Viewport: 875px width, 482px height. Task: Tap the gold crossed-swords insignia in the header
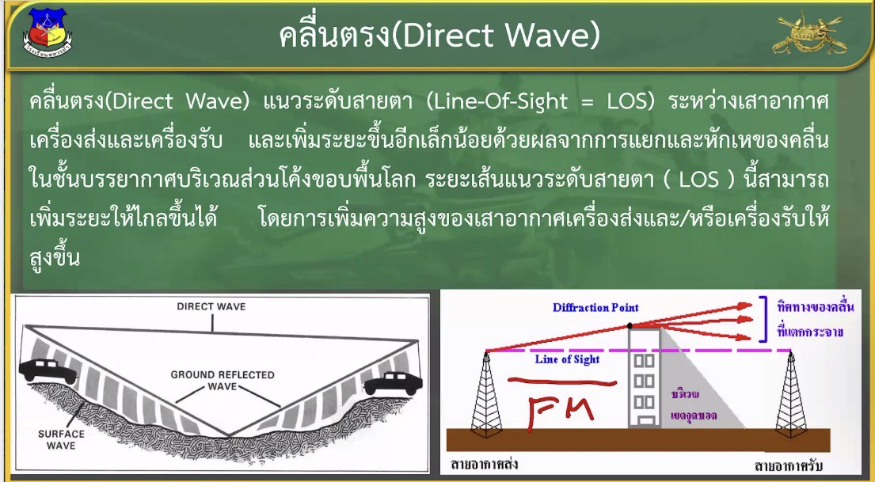809,35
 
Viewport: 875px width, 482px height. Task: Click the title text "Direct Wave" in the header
500,35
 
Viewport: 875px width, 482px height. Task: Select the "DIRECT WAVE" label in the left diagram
211,306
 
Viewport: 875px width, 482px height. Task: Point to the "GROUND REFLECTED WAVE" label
222,381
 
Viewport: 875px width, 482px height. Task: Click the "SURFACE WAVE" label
62,439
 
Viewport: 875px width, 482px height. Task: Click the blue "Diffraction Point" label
595,307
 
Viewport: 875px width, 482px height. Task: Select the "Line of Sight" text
567,359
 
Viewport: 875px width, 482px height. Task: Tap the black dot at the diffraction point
630,325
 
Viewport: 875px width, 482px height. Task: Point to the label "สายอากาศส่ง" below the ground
484,464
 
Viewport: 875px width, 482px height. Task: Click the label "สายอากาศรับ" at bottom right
788,465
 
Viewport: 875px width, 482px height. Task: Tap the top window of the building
644,360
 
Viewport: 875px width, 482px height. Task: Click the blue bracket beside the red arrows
763,318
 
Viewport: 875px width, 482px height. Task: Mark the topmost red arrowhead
746,306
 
